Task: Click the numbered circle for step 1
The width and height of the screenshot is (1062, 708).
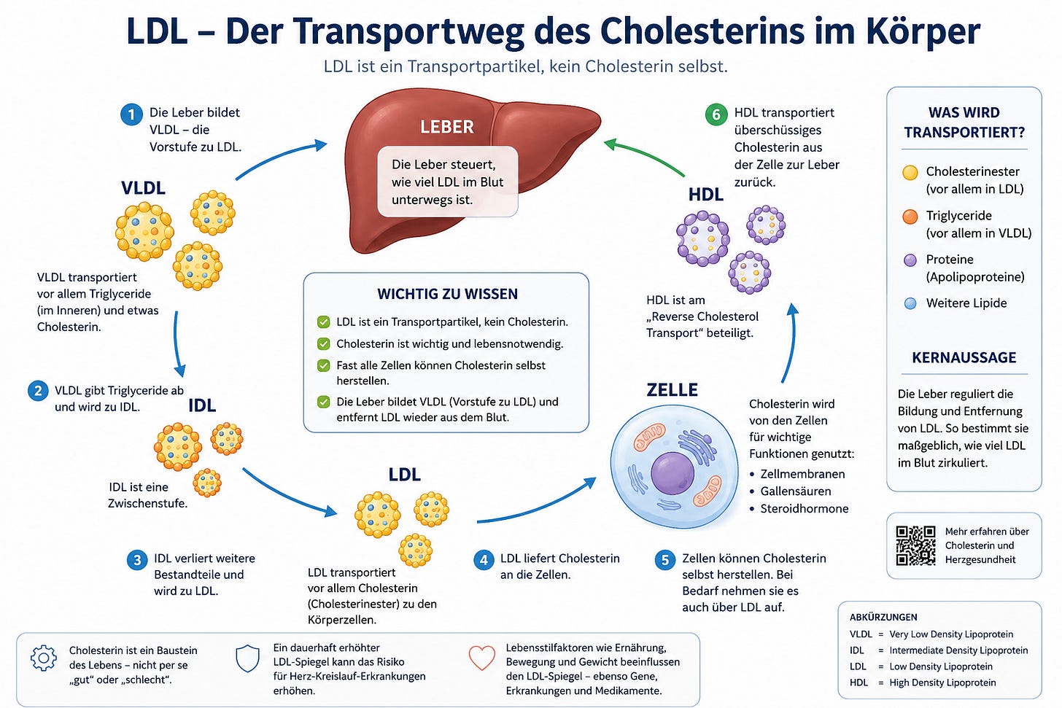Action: pyautogui.click(x=131, y=114)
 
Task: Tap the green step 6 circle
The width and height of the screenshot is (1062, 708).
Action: pyautogui.click(x=716, y=114)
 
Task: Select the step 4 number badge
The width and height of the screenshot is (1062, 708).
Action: pyautogui.click(x=484, y=560)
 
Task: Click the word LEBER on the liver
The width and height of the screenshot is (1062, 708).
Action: pyautogui.click(x=446, y=127)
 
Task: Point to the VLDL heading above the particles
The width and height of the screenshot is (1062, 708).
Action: pyautogui.click(x=143, y=188)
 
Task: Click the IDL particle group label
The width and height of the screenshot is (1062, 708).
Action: pyautogui.click(x=202, y=405)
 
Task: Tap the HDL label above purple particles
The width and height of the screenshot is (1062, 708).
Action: pyautogui.click(x=705, y=195)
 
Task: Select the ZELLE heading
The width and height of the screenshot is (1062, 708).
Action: pyautogui.click(x=672, y=390)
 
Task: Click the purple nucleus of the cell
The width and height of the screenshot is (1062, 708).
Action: pyautogui.click(x=673, y=473)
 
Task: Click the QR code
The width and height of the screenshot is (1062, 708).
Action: pyautogui.click(x=915, y=545)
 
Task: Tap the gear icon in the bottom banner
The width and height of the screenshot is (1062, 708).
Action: pyautogui.click(x=44, y=658)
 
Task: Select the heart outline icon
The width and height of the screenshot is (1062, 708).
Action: pyautogui.click(x=481, y=658)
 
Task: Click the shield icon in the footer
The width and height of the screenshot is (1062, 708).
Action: pyautogui.click(x=247, y=658)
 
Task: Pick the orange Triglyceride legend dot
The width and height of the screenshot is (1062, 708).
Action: pyautogui.click(x=910, y=217)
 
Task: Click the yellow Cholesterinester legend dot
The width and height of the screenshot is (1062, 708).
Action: pyautogui.click(x=910, y=173)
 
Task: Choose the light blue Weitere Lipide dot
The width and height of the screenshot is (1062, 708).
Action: pyautogui.click(x=910, y=304)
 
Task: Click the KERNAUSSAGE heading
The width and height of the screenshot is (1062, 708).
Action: pyautogui.click(x=964, y=357)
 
